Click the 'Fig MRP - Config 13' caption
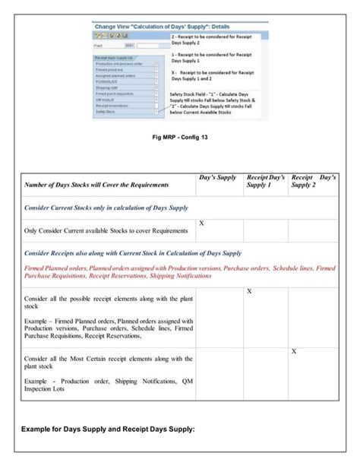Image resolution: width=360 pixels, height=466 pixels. click(180, 137)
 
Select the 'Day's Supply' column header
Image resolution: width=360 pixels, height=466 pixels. click(218, 177)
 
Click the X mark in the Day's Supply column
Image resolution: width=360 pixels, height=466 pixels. click(201, 223)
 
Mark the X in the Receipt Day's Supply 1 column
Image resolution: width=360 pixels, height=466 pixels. click(249, 292)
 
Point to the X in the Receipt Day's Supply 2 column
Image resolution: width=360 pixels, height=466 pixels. click(294, 350)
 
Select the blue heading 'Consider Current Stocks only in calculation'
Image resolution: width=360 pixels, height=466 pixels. click(106, 207)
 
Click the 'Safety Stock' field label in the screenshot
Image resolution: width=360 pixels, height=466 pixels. click(105, 111)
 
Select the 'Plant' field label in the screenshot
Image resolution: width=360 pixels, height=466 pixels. click(99, 45)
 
